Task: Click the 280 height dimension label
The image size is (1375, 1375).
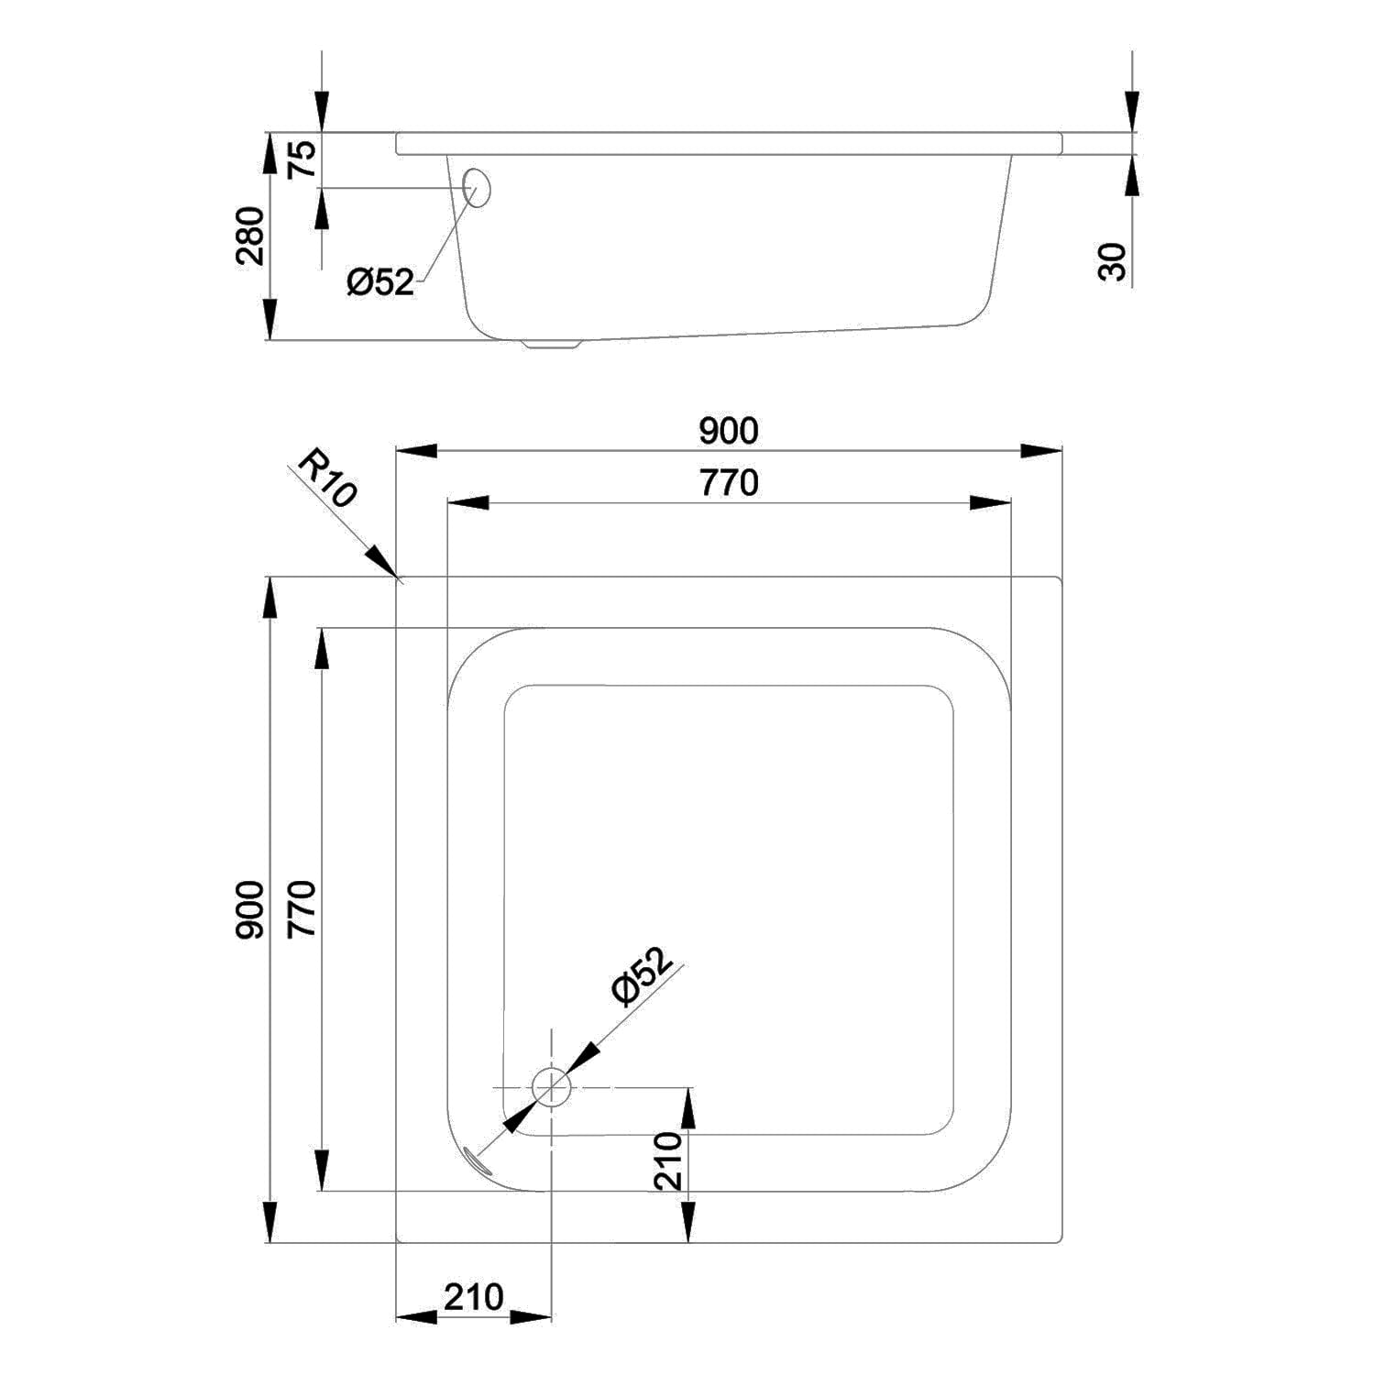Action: pos(250,236)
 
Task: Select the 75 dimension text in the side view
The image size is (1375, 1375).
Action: pos(303,158)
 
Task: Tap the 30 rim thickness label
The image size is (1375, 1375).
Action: pos(1112,262)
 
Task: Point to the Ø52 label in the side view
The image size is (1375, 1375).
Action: pos(380,282)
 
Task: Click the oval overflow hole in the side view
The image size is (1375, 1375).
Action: pos(478,187)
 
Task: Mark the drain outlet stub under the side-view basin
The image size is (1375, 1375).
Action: pos(552,345)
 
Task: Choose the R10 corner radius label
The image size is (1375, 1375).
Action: pos(325,482)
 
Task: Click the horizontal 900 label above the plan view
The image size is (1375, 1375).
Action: pos(729,430)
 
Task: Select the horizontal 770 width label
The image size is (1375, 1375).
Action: pos(729,482)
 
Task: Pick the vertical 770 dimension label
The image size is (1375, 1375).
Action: pos(302,908)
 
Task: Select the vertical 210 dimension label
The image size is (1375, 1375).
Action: pos(669,1161)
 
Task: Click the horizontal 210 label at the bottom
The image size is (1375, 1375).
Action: pos(474,1297)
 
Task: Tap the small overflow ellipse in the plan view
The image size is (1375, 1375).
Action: pos(478,1161)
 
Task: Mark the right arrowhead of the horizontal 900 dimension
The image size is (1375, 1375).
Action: pos(1042,450)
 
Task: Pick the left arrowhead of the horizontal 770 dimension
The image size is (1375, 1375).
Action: pos(467,502)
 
